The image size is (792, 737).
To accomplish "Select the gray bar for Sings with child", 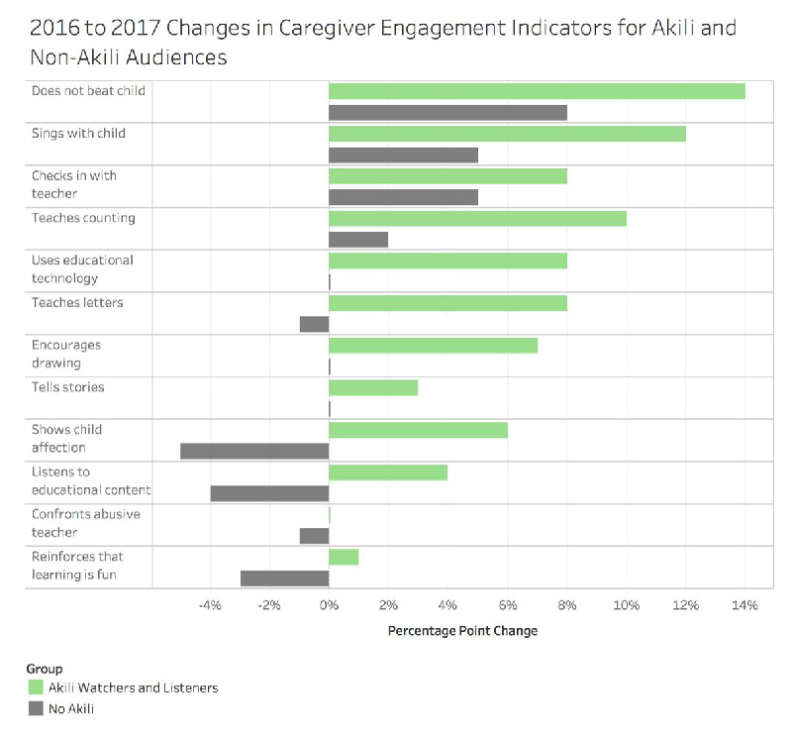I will coord(403,155).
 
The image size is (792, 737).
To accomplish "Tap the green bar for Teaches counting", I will coord(477,218).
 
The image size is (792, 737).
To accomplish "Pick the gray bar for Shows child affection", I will coord(254,451).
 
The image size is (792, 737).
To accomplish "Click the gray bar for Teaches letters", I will coord(314,324).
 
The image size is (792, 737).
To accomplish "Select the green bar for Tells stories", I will coord(373,387).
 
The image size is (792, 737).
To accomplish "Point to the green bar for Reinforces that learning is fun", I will coord(344,557).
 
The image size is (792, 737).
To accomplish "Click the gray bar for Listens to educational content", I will coord(269,493).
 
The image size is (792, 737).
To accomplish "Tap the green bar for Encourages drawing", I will coord(433,345).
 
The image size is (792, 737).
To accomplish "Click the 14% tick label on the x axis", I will coord(744,605).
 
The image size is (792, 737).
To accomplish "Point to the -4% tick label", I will coord(209,605).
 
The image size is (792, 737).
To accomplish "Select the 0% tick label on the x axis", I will coord(329,605).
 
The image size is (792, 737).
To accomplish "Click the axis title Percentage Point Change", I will coord(462,631).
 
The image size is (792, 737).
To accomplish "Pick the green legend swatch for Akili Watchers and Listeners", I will coord(36,687).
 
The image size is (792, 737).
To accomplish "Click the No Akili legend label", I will coord(71,708).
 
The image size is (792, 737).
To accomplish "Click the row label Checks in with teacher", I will coord(73,184).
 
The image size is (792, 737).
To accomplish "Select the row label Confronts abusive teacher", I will coord(85,523).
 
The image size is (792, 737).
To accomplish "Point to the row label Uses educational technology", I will coord(81,268).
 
